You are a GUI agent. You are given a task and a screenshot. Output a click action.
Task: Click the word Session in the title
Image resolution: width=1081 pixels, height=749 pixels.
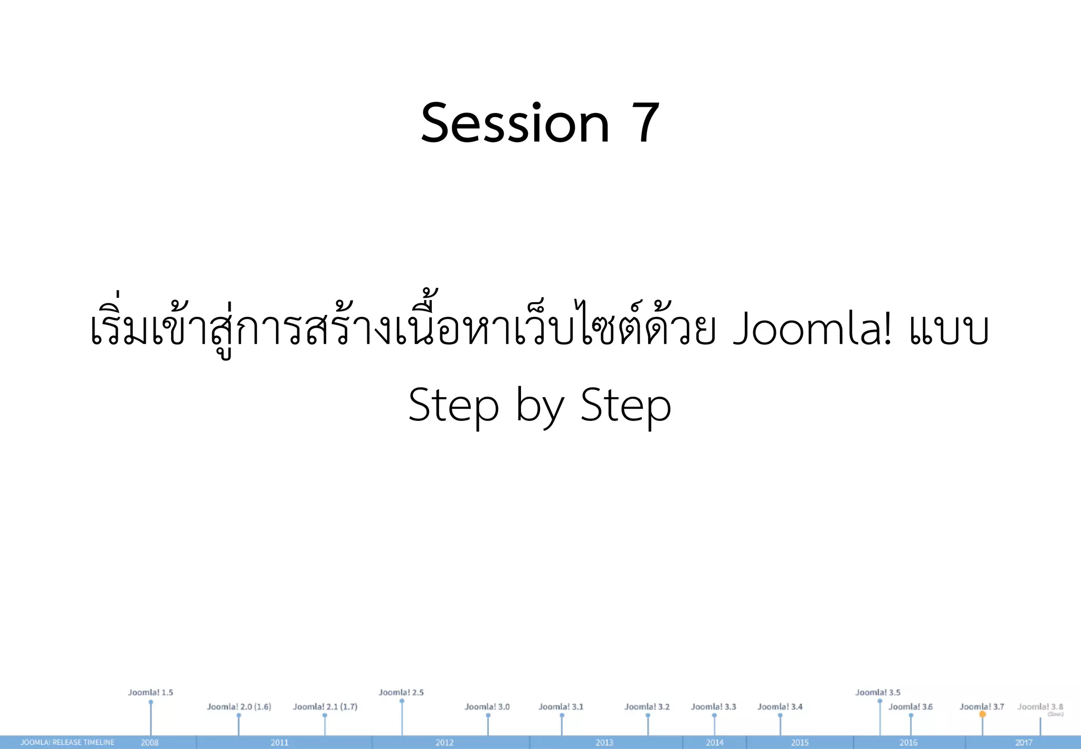click(x=515, y=123)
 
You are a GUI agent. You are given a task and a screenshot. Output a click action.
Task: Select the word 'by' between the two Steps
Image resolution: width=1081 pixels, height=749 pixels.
click(x=539, y=406)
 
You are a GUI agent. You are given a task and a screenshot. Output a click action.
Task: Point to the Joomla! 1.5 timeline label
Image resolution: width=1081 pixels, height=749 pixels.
click(x=150, y=692)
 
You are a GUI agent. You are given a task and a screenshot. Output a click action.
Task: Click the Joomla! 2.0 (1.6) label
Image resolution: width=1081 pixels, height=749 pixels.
click(x=239, y=706)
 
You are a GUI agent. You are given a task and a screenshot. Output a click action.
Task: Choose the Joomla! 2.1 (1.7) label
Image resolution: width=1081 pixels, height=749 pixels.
click(x=325, y=706)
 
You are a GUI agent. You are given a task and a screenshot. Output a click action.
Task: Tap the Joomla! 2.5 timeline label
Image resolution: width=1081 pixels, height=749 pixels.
click(x=401, y=692)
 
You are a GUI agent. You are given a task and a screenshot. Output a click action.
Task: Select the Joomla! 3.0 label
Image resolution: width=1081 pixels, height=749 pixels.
click(x=487, y=706)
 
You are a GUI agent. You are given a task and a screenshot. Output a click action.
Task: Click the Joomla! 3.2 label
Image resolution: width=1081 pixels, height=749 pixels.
click(x=647, y=706)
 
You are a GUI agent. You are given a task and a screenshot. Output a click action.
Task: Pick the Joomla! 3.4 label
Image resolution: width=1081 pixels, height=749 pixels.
click(x=780, y=706)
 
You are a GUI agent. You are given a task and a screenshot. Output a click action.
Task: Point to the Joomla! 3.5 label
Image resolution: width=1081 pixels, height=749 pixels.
click(x=878, y=692)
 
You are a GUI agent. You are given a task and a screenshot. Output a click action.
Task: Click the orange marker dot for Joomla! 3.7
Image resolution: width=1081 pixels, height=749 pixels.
click(x=982, y=714)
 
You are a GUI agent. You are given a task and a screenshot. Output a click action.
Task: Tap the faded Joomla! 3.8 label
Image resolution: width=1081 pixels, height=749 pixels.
click(x=1040, y=706)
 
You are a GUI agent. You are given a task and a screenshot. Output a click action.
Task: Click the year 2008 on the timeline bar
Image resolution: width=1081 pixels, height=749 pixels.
click(x=149, y=742)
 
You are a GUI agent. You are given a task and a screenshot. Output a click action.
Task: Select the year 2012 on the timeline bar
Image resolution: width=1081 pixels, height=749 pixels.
click(x=444, y=742)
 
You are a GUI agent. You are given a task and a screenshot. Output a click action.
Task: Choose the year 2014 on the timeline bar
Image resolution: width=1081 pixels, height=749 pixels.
click(x=715, y=742)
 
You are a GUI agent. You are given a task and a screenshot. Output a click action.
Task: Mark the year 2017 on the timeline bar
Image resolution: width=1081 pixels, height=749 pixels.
click(x=1023, y=742)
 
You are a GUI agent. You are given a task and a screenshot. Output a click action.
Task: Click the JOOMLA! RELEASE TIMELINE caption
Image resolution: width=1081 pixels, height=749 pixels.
click(x=67, y=742)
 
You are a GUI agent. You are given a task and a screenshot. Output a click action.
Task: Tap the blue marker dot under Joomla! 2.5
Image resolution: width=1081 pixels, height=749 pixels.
click(x=402, y=701)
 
